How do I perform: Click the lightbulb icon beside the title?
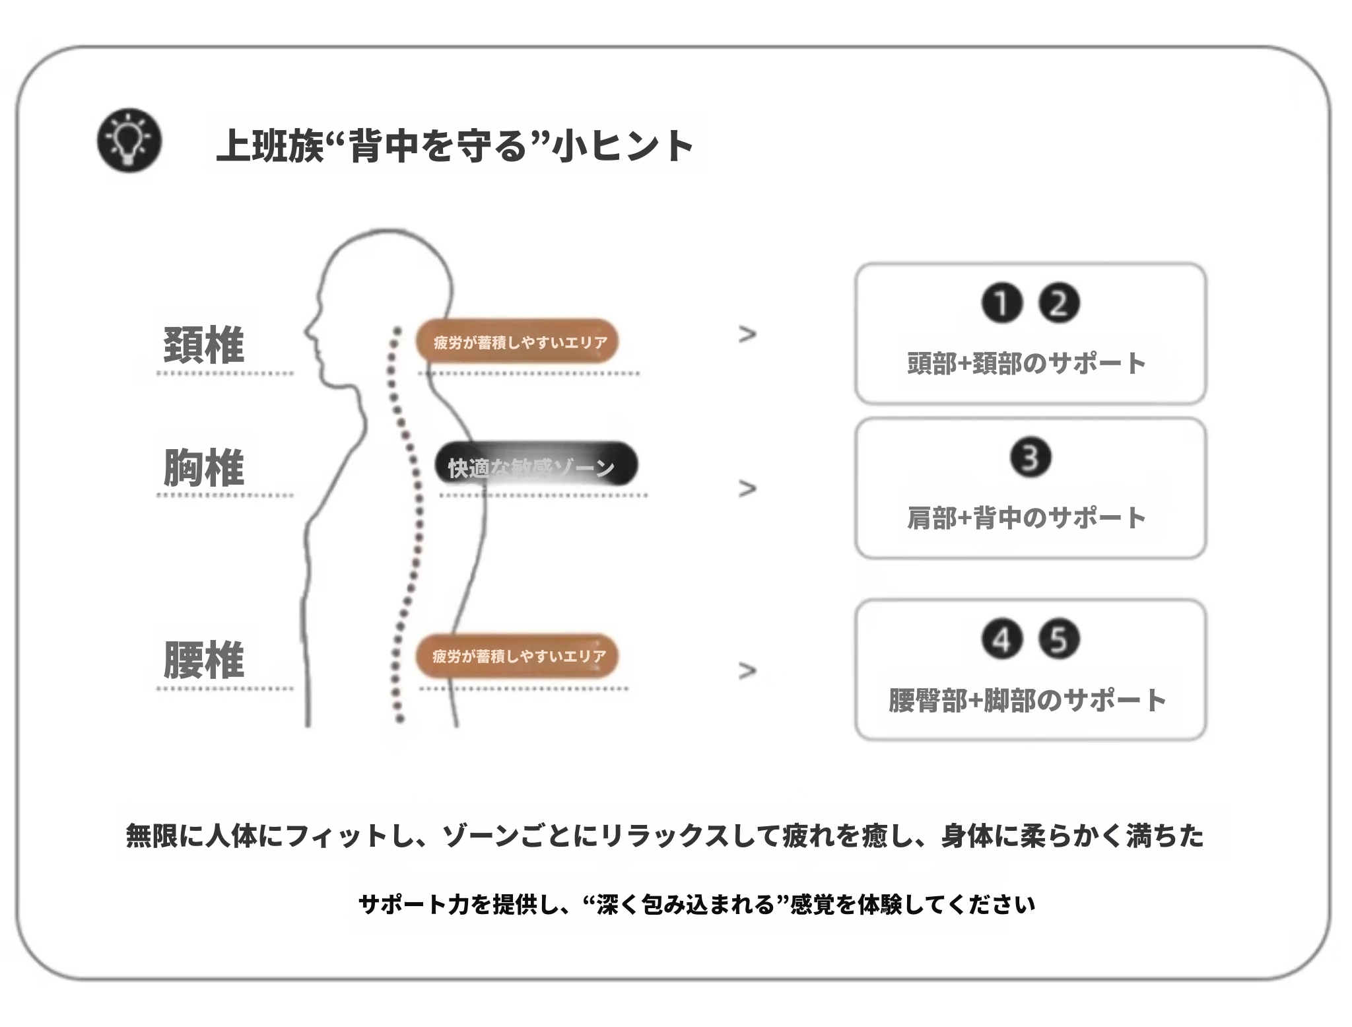pyautogui.click(x=129, y=141)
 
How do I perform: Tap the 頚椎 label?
pyautogui.click(x=203, y=345)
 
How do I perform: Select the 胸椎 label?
pyautogui.click(x=203, y=468)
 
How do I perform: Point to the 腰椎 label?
pyautogui.click(x=203, y=659)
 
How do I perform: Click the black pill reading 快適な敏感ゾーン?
pyautogui.click(x=536, y=464)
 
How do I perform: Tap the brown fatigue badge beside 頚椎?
pyautogui.click(x=517, y=341)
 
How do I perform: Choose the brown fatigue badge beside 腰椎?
pyautogui.click(x=517, y=656)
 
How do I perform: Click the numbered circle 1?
pyautogui.click(x=1001, y=304)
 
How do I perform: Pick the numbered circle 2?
pyautogui.click(x=1059, y=304)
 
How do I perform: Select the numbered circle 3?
pyautogui.click(x=1031, y=458)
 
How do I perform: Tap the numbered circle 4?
pyautogui.click(x=1001, y=639)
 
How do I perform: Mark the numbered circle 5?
pyautogui.click(x=1059, y=639)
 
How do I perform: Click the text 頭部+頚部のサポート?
pyautogui.click(x=1027, y=363)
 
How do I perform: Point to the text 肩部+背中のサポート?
pyautogui.click(x=1027, y=518)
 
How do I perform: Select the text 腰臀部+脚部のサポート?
pyautogui.click(x=1027, y=700)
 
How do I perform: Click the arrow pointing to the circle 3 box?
pyautogui.click(x=747, y=489)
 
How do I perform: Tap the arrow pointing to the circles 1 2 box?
pyautogui.click(x=747, y=334)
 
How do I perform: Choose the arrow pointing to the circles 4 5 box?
pyautogui.click(x=747, y=670)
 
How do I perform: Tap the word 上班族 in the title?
pyautogui.click(x=269, y=145)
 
